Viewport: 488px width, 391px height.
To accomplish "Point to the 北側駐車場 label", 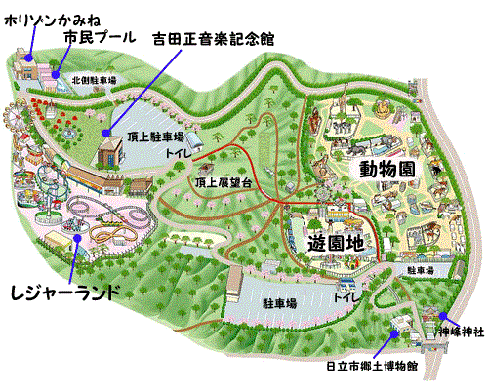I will [x=93, y=81].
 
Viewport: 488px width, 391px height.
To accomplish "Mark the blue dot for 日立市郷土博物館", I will [x=393, y=332].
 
